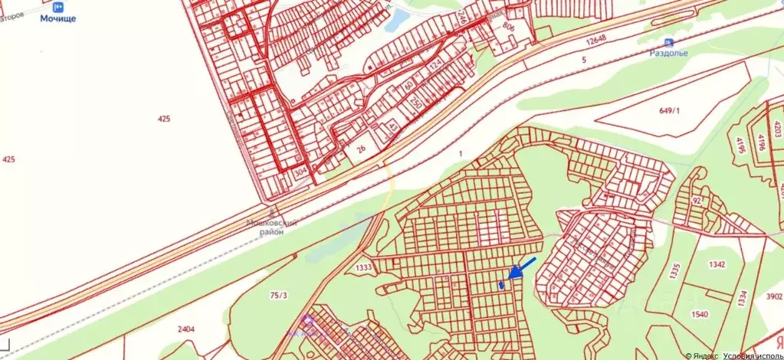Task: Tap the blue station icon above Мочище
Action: pos(58,6)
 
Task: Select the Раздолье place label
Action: pos(669,53)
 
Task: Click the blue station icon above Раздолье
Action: pos(668,42)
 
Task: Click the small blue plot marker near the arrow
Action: pos(501,285)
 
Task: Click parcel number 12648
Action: pos(593,41)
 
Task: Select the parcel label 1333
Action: pos(364,267)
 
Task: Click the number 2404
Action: pos(185,329)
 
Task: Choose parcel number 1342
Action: pos(717,264)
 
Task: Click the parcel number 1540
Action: pos(700,314)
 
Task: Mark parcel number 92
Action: pos(697,201)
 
